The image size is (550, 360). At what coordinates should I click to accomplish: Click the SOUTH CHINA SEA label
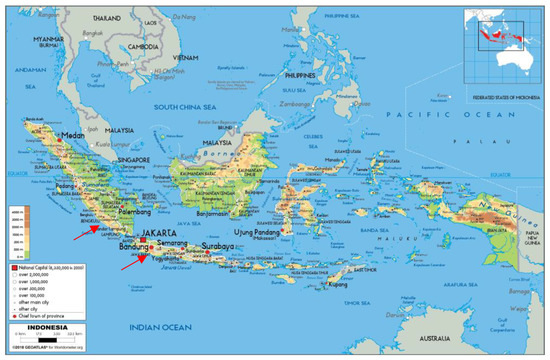tap(182, 106)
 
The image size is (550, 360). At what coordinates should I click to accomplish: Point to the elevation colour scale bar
tap(18, 235)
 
